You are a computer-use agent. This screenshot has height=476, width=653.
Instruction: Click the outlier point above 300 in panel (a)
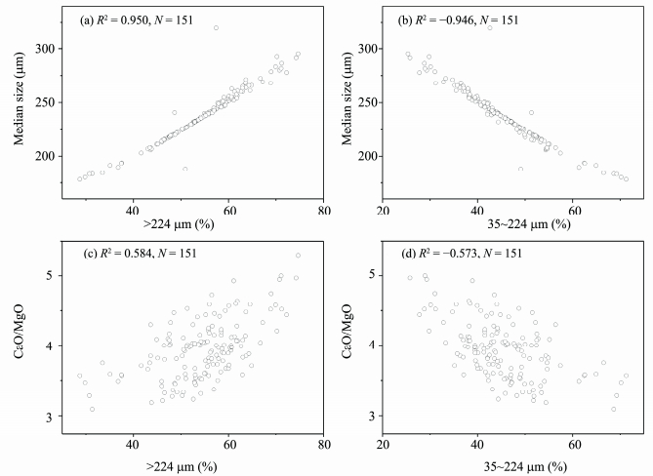pos(216,27)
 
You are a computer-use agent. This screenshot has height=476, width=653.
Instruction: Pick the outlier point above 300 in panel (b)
pos(490,27)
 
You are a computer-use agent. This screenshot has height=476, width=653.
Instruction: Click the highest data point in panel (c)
pos(298,256)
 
